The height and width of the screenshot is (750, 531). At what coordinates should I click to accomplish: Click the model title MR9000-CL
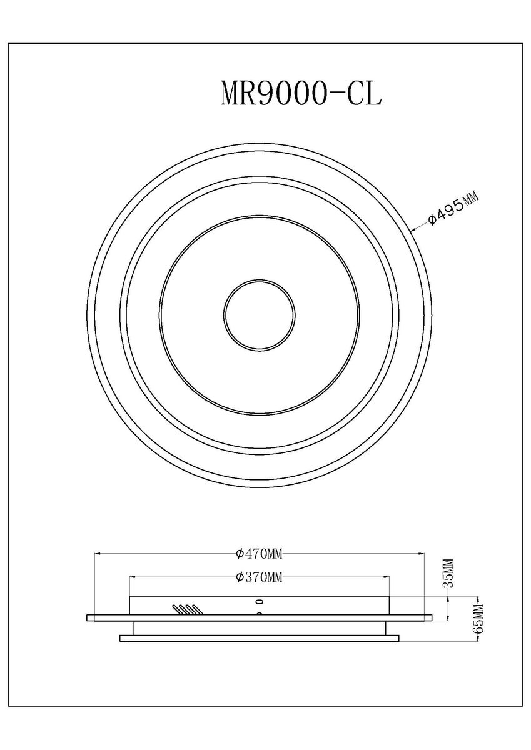click(301, 93)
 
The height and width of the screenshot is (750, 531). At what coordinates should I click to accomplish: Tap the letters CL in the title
click(365, 93)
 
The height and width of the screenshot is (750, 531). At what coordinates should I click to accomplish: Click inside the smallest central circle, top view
click(260, 316)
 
